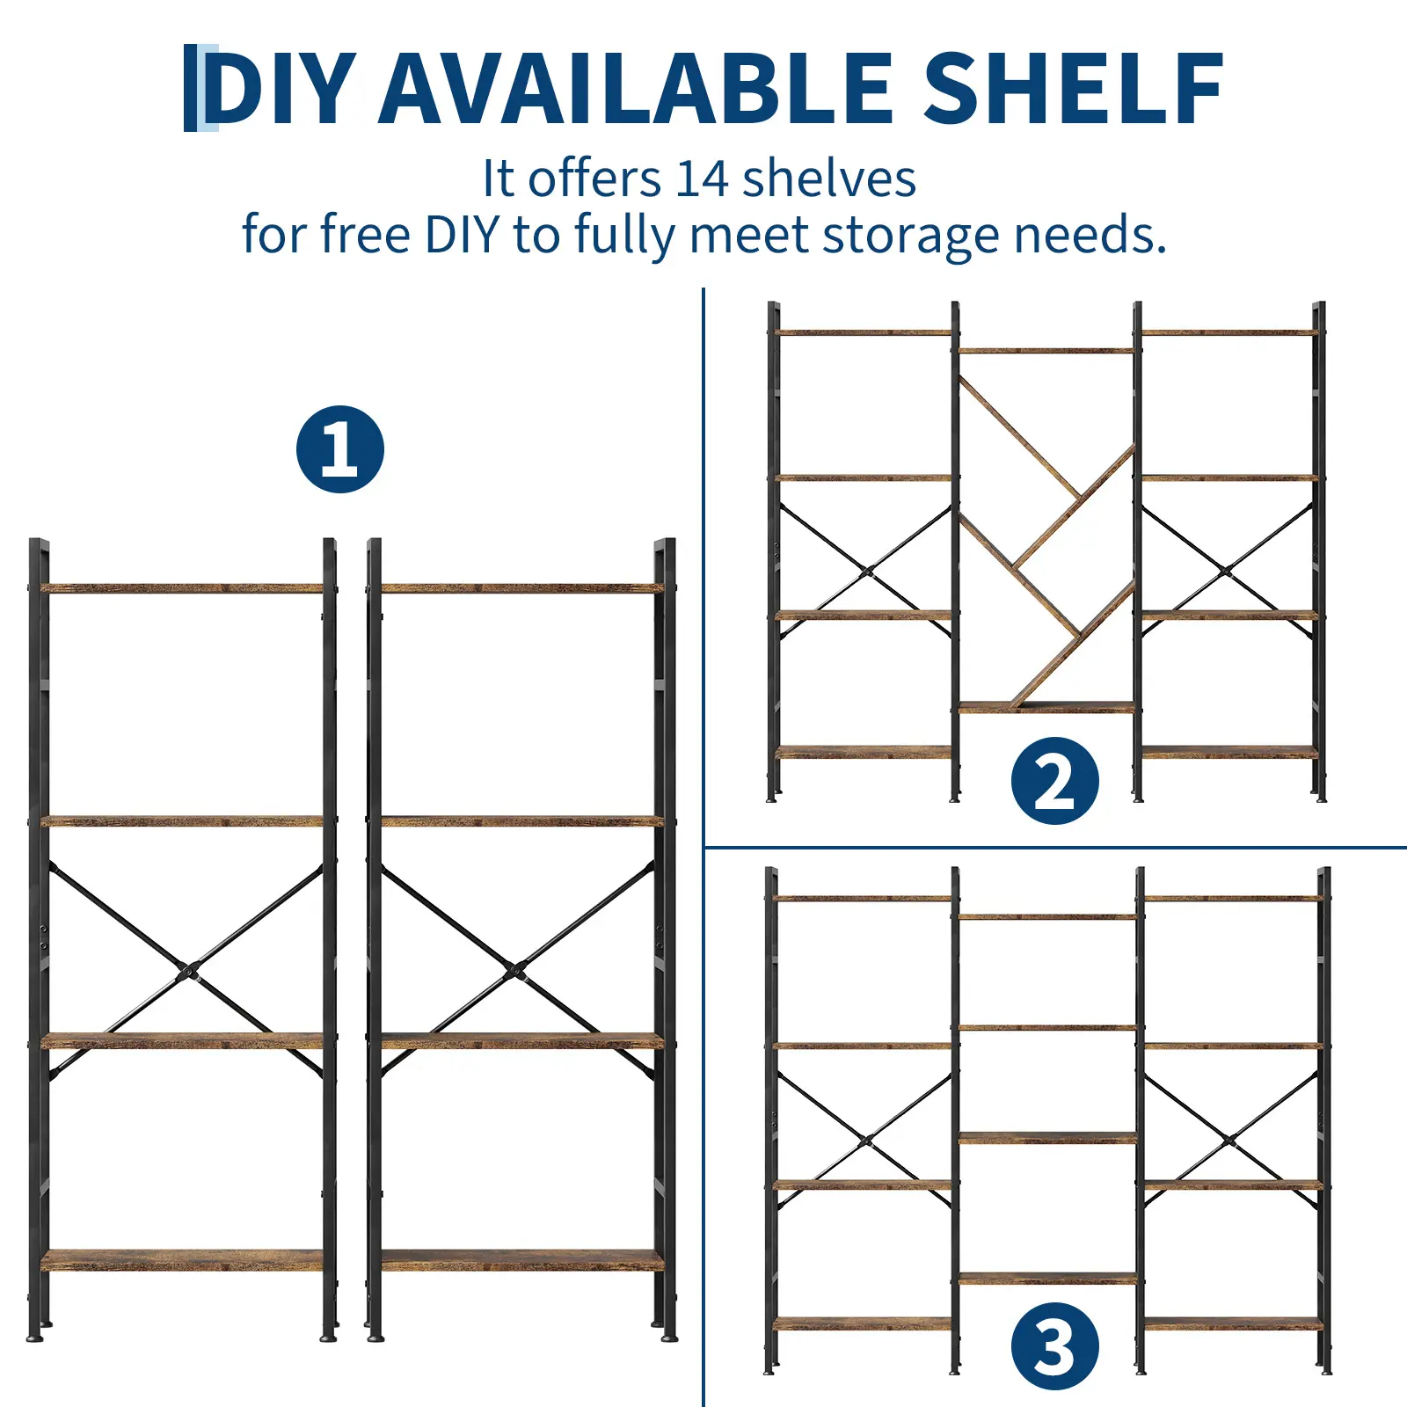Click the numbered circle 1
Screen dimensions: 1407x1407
340,448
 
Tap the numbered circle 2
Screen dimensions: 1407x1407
1054,781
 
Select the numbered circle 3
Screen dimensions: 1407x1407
1054,1346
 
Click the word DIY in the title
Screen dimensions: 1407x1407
280,88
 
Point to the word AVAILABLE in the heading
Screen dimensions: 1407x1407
637,88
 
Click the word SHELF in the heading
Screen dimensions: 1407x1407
1073,88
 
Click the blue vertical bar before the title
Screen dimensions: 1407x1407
191,88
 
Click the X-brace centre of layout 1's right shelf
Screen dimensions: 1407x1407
515,972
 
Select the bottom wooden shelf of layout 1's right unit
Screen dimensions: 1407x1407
521,1260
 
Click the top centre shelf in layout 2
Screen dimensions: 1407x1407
1046,351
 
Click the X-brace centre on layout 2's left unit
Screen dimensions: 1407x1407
868,572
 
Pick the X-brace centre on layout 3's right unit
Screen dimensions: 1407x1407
1230,1141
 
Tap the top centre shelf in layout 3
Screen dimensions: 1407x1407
1047,917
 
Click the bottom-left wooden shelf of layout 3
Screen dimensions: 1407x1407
864,1323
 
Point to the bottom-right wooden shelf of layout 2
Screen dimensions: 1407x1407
1229,752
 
